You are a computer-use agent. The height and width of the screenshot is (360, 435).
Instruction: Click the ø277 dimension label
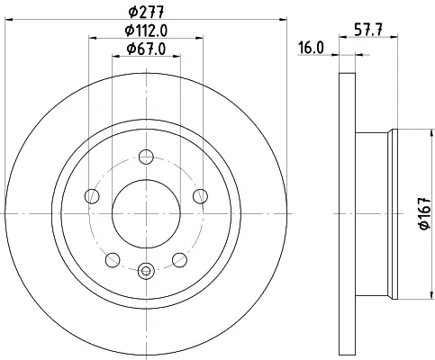click(146, 12)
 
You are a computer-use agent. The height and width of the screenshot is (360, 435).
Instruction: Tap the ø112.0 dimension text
click(146, 31)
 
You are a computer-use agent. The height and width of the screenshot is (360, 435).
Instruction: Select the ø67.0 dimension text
click(146, 49)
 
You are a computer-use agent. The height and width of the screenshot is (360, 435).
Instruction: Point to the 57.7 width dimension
click(368, 30)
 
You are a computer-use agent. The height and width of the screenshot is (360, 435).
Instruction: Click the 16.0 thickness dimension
click(311, 48)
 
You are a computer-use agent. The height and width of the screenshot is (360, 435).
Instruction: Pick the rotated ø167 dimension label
click(425, 213)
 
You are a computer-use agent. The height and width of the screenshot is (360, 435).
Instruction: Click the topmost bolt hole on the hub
click(146, 157)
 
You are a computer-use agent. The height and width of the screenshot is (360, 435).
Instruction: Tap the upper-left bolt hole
click(92, 196)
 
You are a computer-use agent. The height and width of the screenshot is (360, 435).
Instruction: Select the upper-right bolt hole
click(200, 196)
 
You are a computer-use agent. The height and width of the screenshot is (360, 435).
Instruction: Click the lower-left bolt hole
click(113, 260)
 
